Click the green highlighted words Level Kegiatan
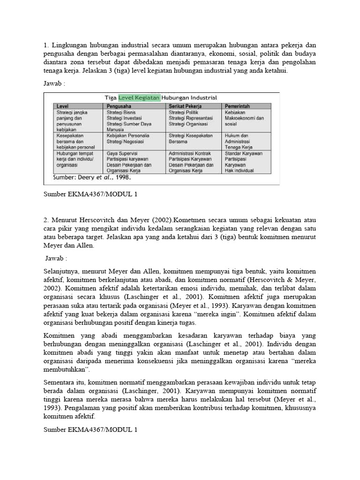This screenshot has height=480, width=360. pos(139,97)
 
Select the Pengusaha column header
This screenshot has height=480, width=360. pos(120,106)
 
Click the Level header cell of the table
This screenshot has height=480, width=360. pos(63,106)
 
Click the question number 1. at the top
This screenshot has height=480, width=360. pos(46,45)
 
